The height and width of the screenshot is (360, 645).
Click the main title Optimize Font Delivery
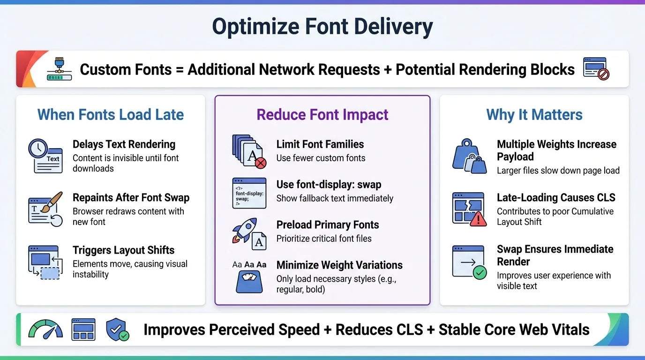(322, 27)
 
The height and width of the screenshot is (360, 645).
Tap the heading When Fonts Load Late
(111, 115)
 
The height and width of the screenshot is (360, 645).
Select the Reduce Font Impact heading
(322, 115)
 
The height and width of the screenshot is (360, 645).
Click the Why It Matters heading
(534, 115)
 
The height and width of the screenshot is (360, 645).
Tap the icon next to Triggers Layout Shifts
(45, 262)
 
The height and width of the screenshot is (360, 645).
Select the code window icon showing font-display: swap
(249, 193)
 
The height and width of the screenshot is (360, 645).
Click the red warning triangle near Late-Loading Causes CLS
(478, 218)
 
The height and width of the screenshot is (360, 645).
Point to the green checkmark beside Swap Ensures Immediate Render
(480, 272)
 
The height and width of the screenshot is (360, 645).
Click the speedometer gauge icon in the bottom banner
(45, 329)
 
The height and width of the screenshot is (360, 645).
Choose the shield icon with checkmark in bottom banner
(117, 330)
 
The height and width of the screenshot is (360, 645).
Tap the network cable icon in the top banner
(59, 69)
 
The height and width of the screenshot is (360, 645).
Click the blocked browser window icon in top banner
(596, 69)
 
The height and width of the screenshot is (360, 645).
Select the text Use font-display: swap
(329, 185)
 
